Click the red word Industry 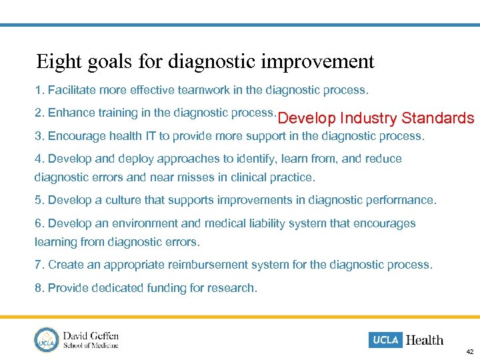(x=369, y=119)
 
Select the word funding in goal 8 (x=175, y=288)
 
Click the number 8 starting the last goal (x=38, y=288)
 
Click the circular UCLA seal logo (x=47, y=339)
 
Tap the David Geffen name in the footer (x=91, y=335)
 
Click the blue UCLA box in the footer (x=385, y=340)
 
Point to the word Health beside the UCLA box (x=424, y=340)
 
